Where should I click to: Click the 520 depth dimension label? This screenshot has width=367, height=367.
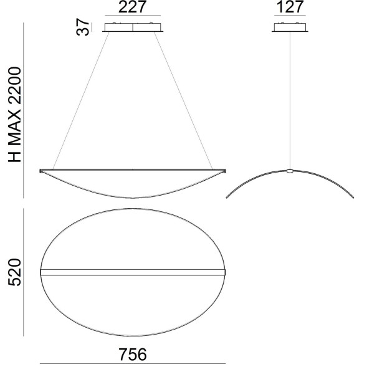pyautogui.click(x=15, y=272)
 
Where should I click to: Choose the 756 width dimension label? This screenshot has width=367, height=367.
pyautogui.click(x=132, y=354)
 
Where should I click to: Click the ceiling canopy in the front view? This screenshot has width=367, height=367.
pyautogui.click(x=133, y=27)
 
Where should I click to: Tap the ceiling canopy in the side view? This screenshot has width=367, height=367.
pyautogui.click(x=290, y=27)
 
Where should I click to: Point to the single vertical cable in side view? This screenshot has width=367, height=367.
pyautogui.click(x=290, y=100)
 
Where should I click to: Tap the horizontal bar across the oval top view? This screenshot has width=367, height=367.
pyautogui.click(x=132, y=272)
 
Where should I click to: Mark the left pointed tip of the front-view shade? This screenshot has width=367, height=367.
pyautogui.click(x=41, y=170)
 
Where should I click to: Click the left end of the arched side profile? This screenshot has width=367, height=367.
pyautogui.click(x=227, y=197)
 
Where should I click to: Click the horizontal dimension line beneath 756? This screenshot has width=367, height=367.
pyautogui.click(x=132, y=363)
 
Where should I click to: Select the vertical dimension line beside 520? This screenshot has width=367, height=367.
pyautogui.click(x=24, y=272)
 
